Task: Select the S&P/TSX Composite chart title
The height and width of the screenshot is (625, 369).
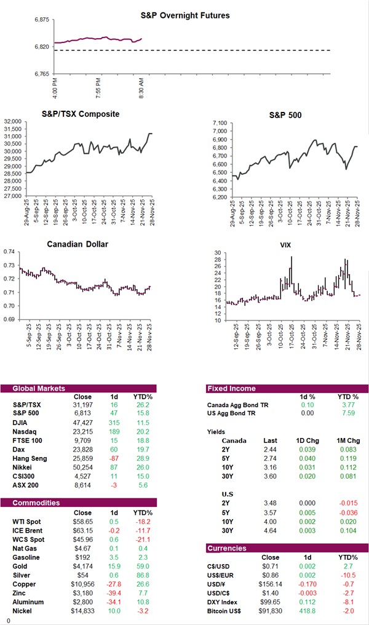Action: [81, 114]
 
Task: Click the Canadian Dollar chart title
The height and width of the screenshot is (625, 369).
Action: [78, 244]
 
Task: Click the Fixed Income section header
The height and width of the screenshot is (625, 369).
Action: [231, 388]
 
